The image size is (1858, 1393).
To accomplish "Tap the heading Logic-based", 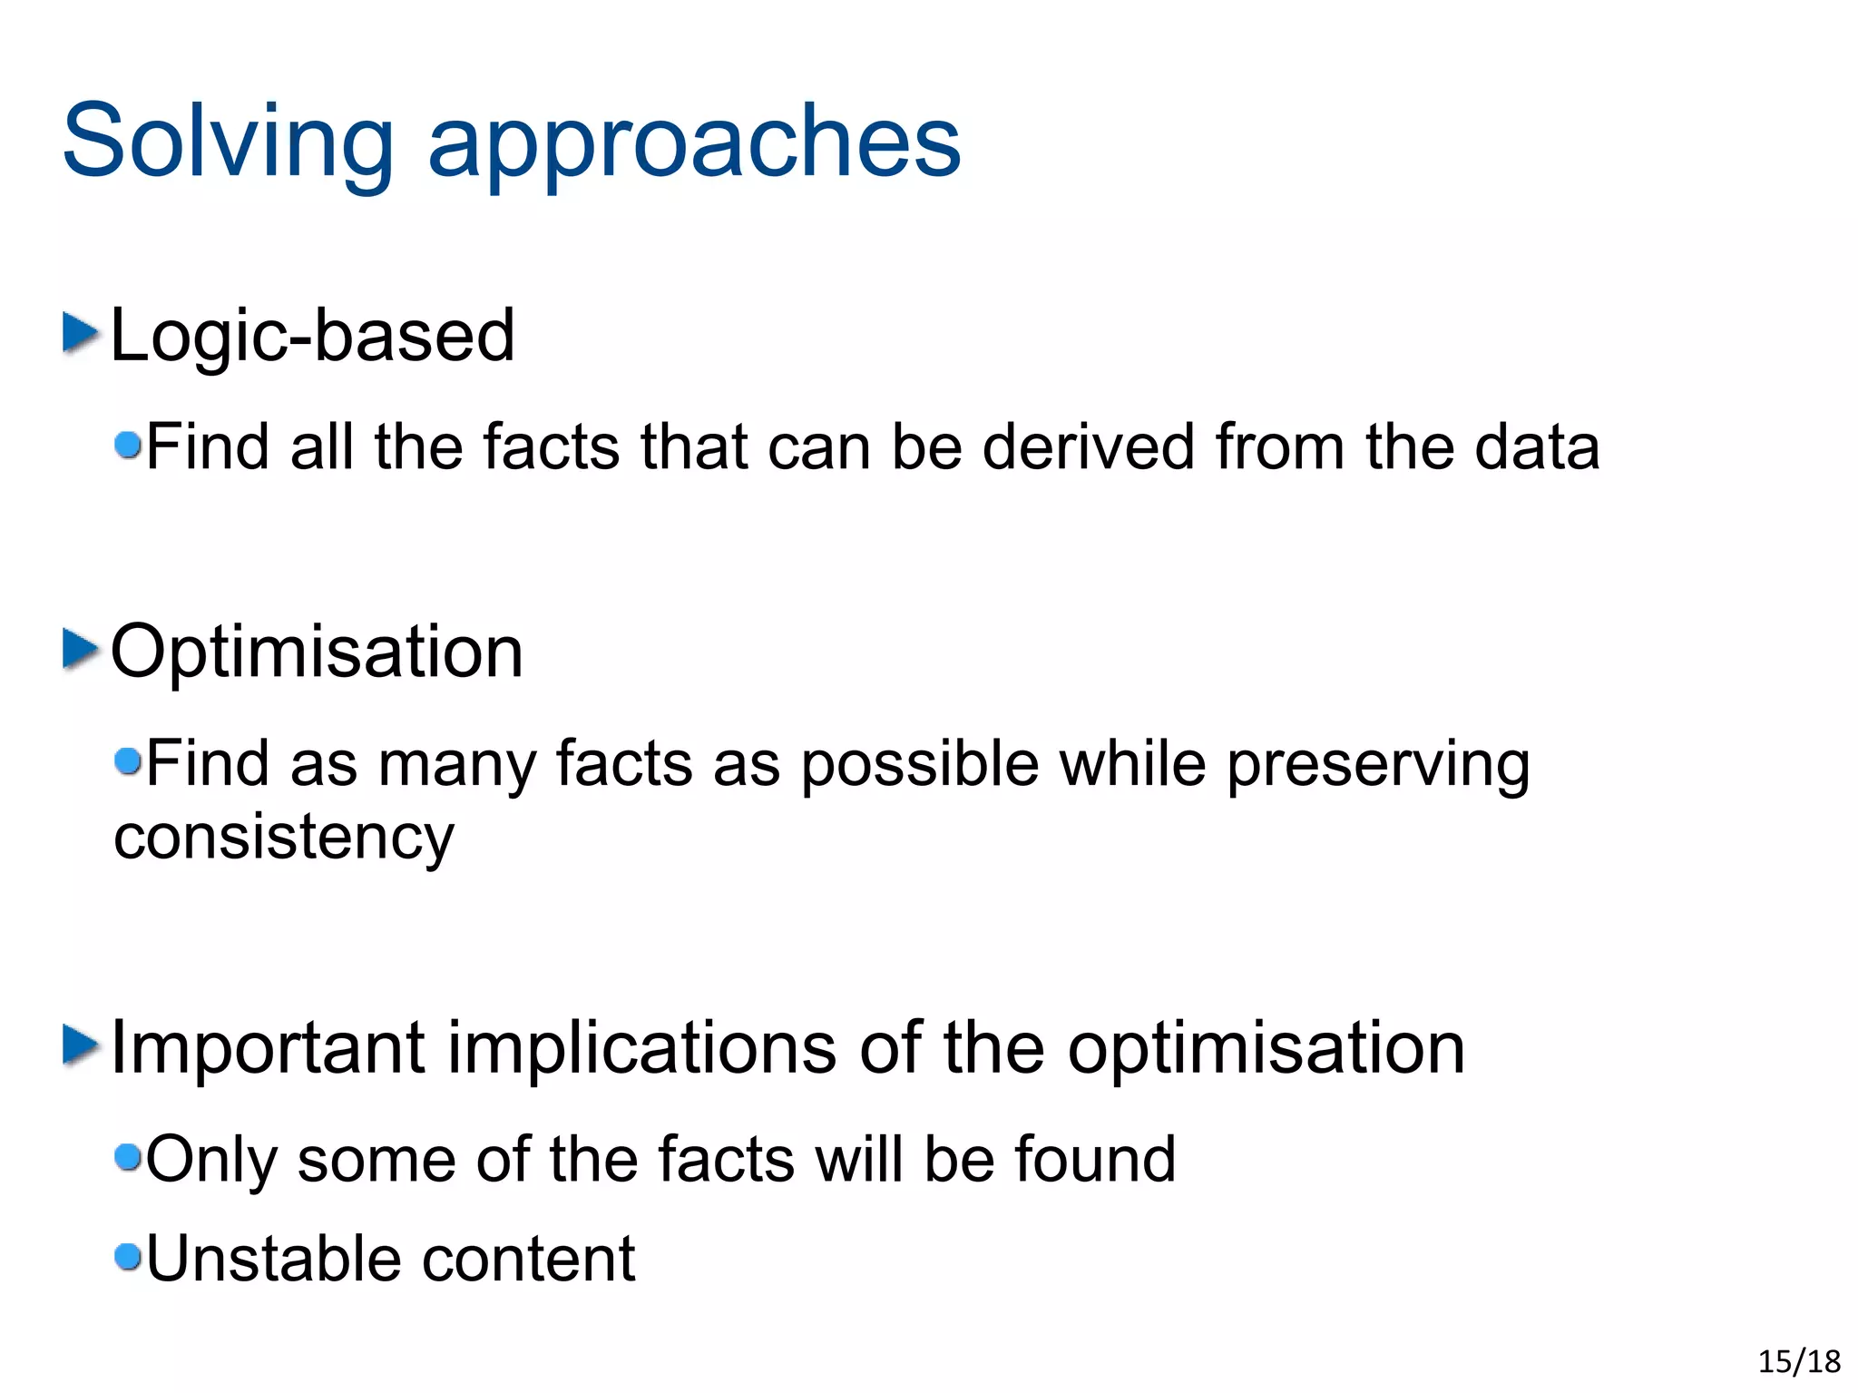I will tap(312, 336).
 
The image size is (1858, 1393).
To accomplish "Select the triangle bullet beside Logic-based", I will tap(80, 333).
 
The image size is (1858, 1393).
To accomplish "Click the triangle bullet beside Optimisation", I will tap(80, 649).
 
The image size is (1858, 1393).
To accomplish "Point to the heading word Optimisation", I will tap(317, 652).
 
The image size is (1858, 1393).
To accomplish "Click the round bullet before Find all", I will tap(129, 445).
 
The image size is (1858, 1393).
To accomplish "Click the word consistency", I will tap(283, 838).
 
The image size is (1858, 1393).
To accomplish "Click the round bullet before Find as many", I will tap(129, 760).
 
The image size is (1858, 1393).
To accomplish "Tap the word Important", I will tap(268, 1047).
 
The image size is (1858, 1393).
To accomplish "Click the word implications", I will tap(642, 1047).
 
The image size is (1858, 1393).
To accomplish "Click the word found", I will tap(1094, 1159).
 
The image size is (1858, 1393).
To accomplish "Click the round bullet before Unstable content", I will tap(129, 1257).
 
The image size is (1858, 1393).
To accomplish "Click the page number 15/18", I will tap(1798, 1361).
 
